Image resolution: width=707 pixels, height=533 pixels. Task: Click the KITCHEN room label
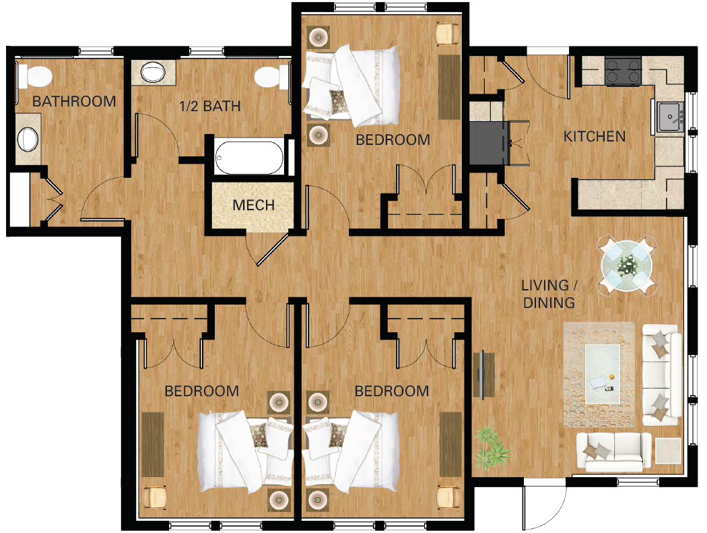pos(595,137)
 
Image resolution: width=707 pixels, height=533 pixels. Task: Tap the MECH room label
pos(254,205)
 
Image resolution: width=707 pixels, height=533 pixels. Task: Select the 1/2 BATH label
pos(209,106)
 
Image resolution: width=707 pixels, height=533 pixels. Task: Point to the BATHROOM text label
pos(74,102)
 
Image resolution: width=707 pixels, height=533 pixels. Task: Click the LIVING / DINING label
pos(549,294)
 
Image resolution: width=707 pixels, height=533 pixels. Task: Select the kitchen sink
pos(668,119)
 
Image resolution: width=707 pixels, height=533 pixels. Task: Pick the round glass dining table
pos(627,264)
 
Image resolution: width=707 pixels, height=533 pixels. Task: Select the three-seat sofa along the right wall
pos(661,374)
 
